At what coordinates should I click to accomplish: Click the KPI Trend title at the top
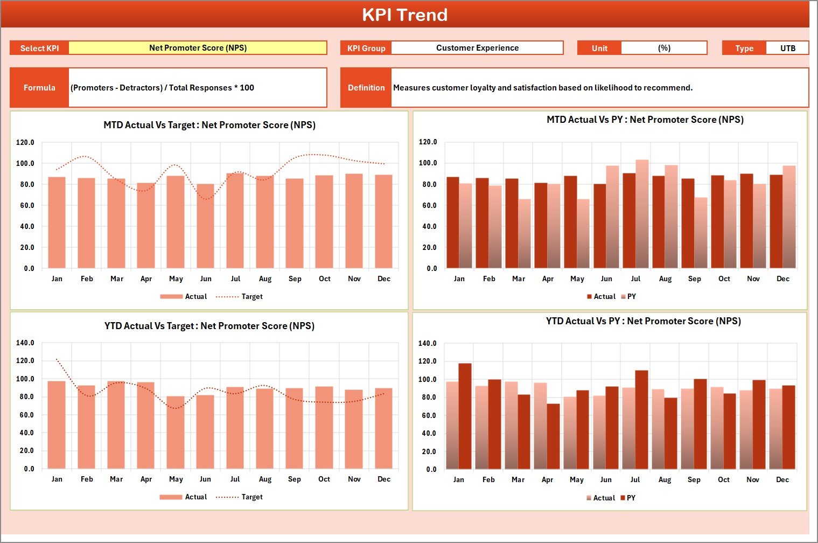pyautogui.click(x=404, y=15)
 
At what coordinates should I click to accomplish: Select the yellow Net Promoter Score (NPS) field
pyautogui.click(x=198, y=48)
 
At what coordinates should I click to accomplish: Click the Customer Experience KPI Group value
pyautogui.click(x=477, y=48)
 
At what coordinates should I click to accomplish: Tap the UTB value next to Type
pyautogui.click(x=787, y=48)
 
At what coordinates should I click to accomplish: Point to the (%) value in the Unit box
pyautogui.click(x=664, y=48)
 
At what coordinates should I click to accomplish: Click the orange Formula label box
pyautogui.click(x=39, y=87)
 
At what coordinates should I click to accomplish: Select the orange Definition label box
pyautogui.click(x=366, y=87)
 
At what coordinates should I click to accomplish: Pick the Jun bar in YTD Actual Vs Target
pyautogui.click(x=205, y=431)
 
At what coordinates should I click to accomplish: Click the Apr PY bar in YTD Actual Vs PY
pyautogui.click(x=553, y=436)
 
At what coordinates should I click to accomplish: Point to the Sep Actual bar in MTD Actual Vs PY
pyautogui.click(x=688, y=223)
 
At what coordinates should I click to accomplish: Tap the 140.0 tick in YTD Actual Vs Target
pyautogui.click(x=25, y=343)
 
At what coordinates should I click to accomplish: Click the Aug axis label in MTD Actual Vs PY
pyautogui.click(x=665, y=279)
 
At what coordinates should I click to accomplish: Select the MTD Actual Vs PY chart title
pyautogui.click(x=645, y=120)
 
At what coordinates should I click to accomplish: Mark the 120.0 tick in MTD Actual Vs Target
pyautogui.click(x=25, y=143)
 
